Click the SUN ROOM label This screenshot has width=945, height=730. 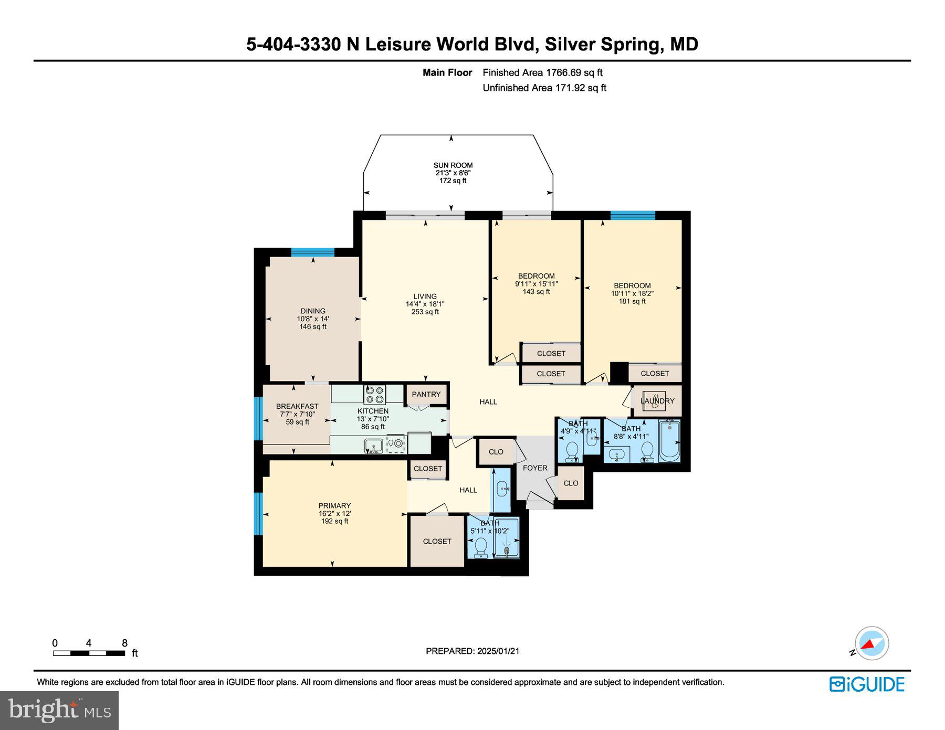(453, 165)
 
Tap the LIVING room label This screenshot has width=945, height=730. (425, 297)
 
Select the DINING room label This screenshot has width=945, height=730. (313, 311)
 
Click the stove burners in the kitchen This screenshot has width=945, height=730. (375, 394)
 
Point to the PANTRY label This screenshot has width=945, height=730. (426, 394)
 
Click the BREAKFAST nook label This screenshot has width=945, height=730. (297, 406)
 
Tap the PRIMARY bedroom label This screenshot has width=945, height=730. (334, 506)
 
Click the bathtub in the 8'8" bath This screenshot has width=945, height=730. (669, 441)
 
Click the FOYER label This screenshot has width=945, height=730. (535, 468)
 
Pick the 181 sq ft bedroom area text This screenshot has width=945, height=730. (632, 301)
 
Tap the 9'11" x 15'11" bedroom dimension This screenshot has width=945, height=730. (536, 284)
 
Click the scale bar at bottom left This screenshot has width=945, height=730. (89, 653)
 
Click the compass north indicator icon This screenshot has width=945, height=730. (871, 643)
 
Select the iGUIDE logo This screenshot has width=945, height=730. (867, 684)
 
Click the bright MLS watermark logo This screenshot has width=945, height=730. (59, 711)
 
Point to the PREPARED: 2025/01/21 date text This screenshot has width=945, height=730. (472, 651)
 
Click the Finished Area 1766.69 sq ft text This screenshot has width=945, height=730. (542, 73)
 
